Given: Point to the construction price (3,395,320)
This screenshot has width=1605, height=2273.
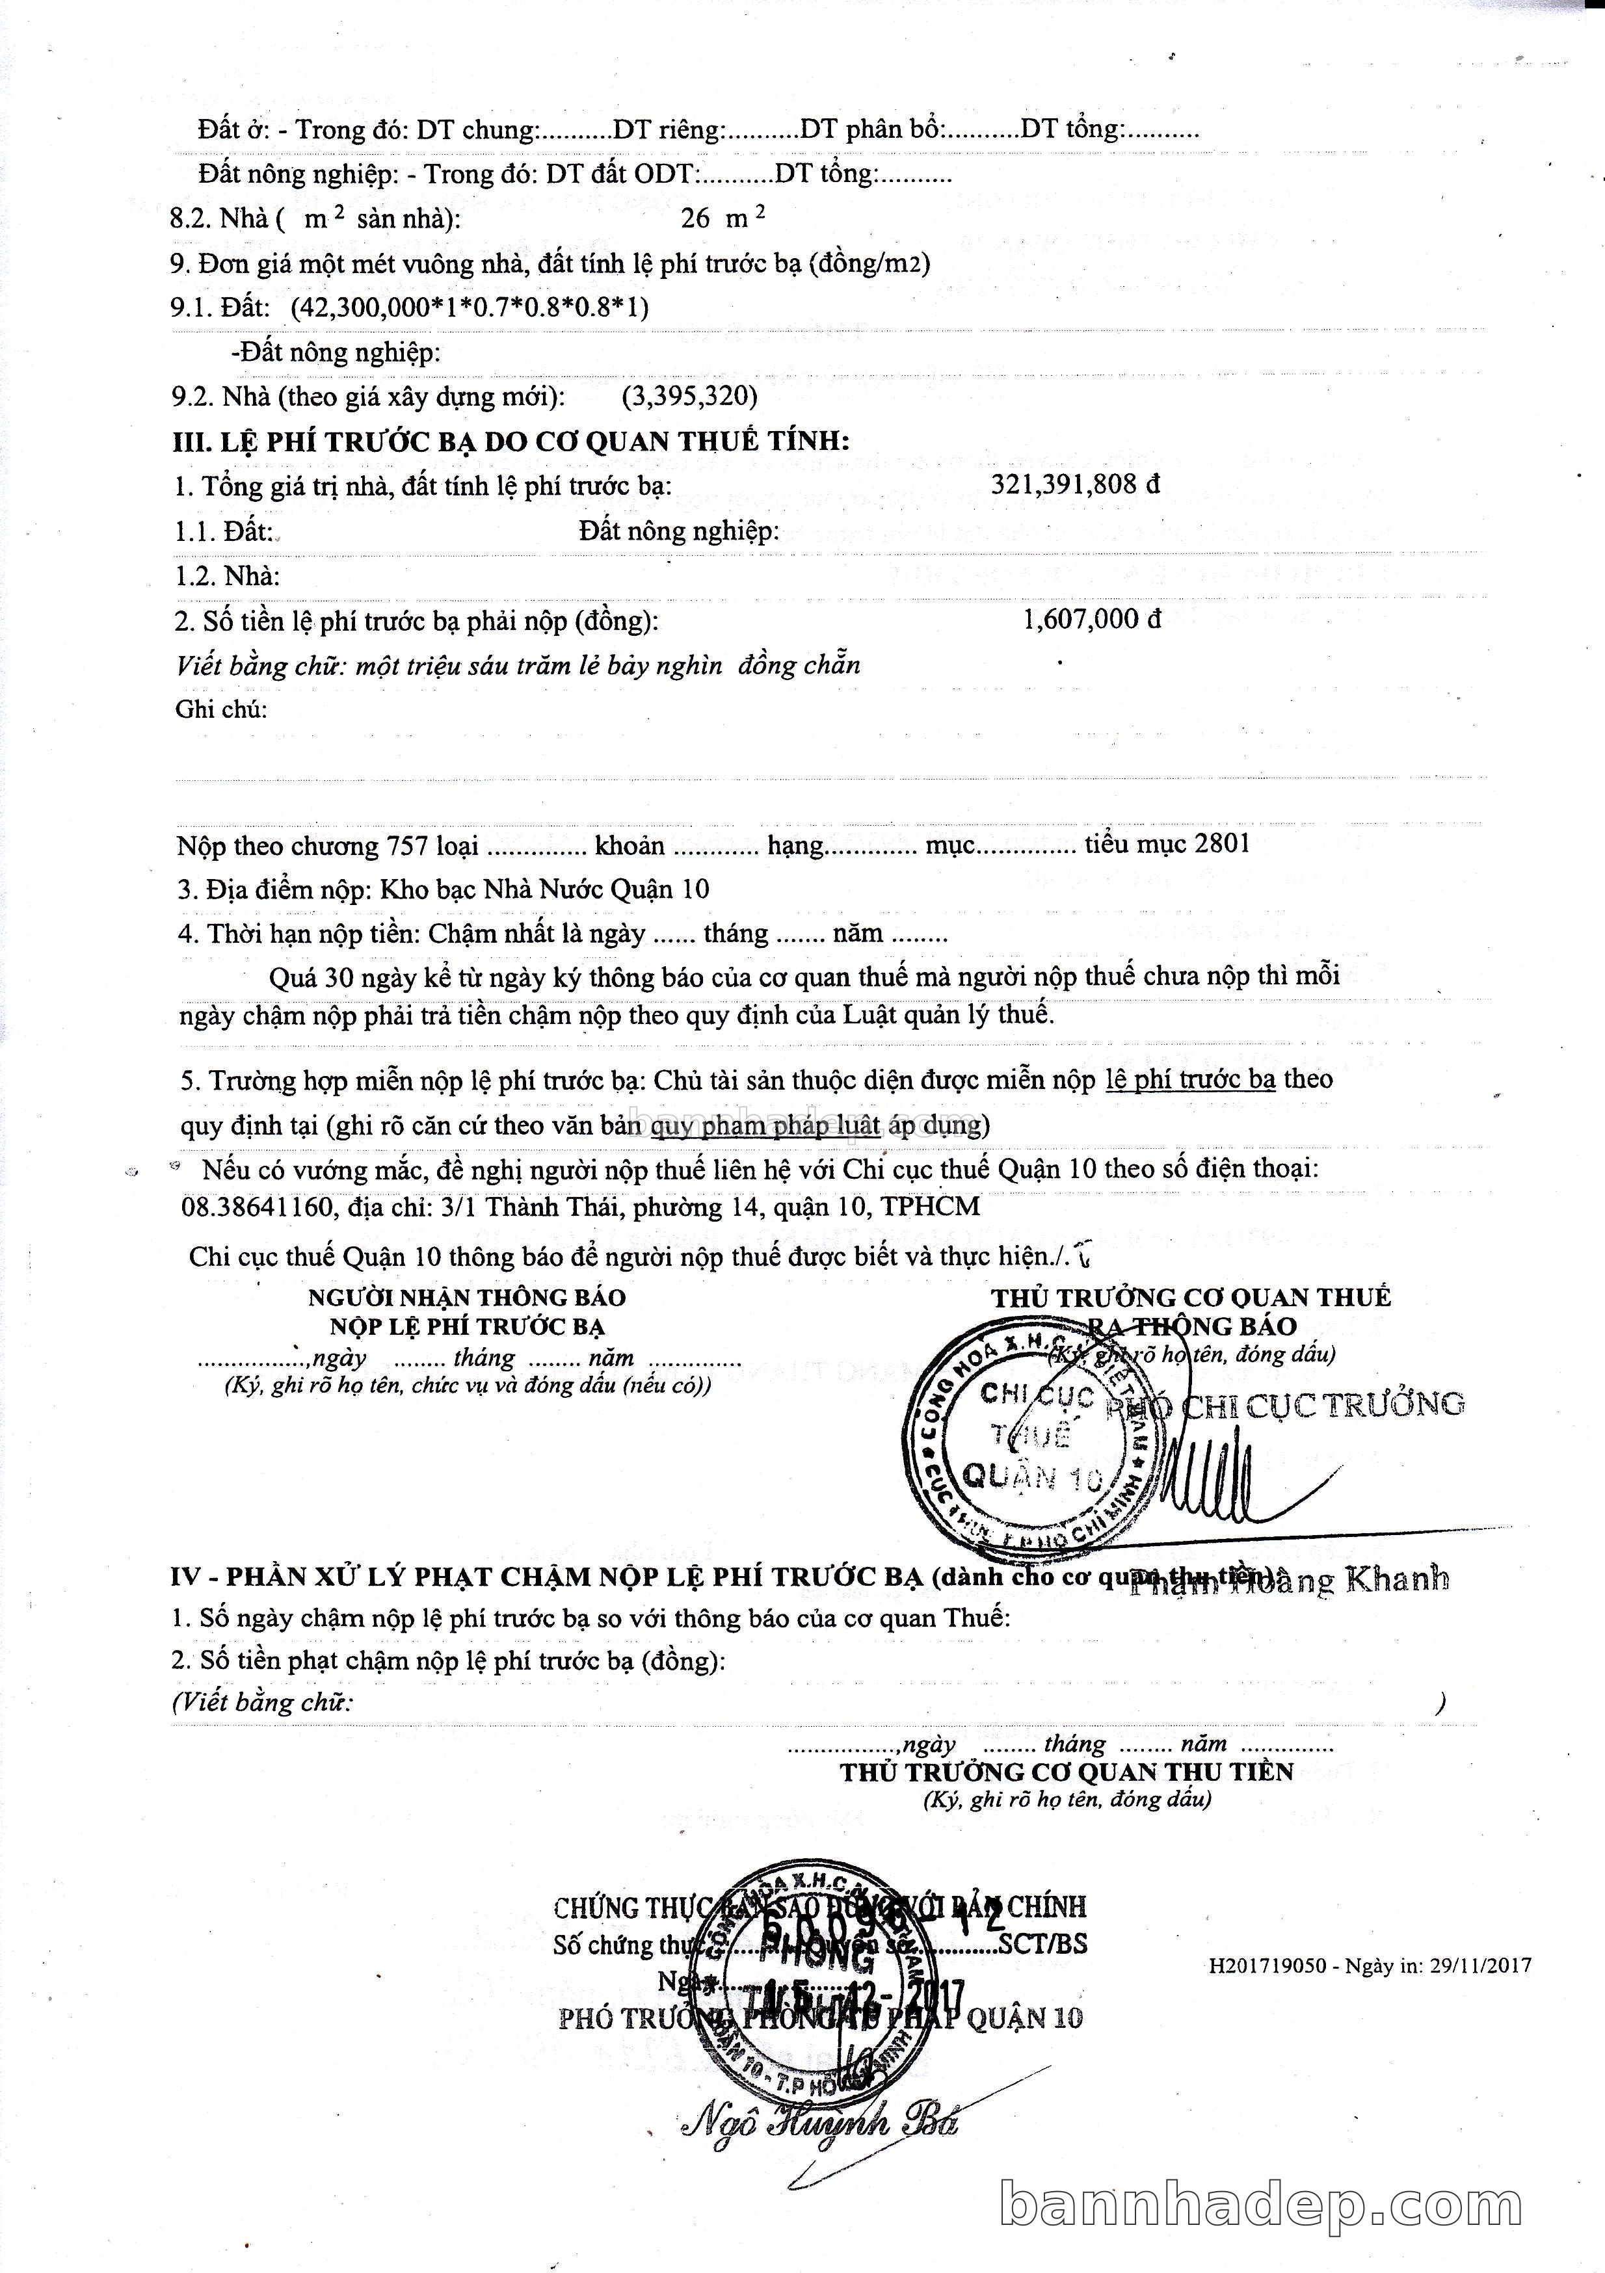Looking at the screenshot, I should (x=689, y=396).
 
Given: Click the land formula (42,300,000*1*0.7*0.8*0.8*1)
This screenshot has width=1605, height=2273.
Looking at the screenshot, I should (x=470, y=307).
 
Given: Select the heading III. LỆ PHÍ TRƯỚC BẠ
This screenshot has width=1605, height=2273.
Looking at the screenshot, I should (x=511, y=441).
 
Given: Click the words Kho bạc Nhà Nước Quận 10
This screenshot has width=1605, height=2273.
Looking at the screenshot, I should (x=544, y=888).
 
